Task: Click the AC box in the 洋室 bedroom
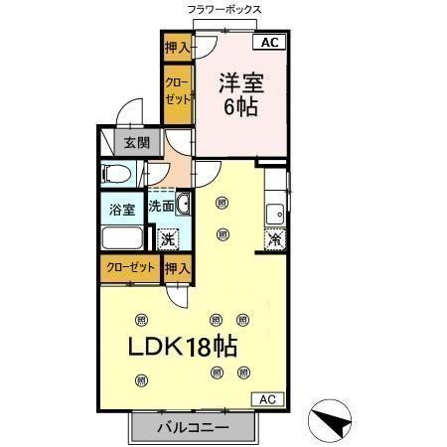coord(271,42)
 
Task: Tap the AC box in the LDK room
coord(266,398)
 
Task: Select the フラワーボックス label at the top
coord(223,9)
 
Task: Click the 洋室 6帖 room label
coord(238,93)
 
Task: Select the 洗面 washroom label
coord(162,208)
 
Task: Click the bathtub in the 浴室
coord(122,238)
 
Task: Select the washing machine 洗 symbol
coord(168,238)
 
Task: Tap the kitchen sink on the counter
coord(275,214)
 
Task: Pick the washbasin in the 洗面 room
coord(183,207)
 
